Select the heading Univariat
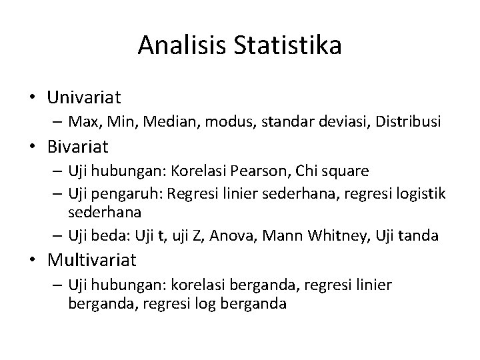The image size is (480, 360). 84,98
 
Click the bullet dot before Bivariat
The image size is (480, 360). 33,145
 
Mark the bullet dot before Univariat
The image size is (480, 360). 33,98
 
